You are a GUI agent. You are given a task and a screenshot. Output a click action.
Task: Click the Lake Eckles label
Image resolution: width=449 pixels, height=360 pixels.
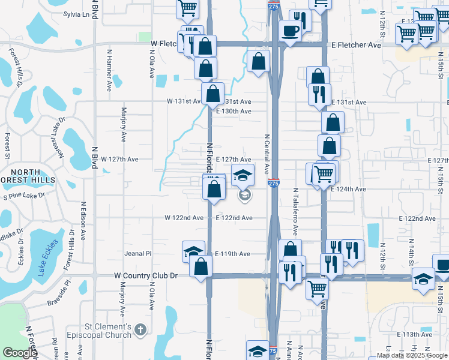coord(46,259)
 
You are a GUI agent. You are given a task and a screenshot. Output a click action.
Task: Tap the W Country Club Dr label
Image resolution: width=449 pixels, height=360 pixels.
coord(146,275)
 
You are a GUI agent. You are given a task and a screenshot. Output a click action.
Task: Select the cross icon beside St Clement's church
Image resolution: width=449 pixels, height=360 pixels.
coord(140,329)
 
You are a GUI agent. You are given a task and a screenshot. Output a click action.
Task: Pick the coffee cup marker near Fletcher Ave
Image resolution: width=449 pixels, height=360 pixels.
coord(290,31)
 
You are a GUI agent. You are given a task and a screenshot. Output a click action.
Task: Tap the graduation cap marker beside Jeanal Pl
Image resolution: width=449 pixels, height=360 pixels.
coord(194,252)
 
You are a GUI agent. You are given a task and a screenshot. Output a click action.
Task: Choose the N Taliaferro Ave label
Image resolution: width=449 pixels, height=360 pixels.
coord(295,212)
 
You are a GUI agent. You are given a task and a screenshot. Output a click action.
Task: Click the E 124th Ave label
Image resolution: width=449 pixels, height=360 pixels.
coord(348,189)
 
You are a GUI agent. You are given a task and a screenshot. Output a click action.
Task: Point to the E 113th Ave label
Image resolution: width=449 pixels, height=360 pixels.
coord(415,334)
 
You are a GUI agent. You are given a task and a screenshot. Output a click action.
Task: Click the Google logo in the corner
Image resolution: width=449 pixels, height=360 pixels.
coord(20,353)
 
